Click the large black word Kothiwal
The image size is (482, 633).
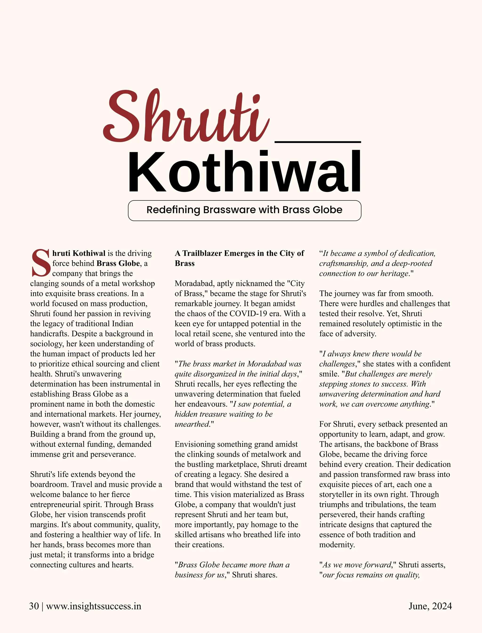[x=245, y=172]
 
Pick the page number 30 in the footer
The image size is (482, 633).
[x=34, y=606]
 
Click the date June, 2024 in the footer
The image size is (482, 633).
[x=430, y=606]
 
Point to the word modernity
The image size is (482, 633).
[x=337, y=545]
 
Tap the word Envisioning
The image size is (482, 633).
[x=195, y=444]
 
